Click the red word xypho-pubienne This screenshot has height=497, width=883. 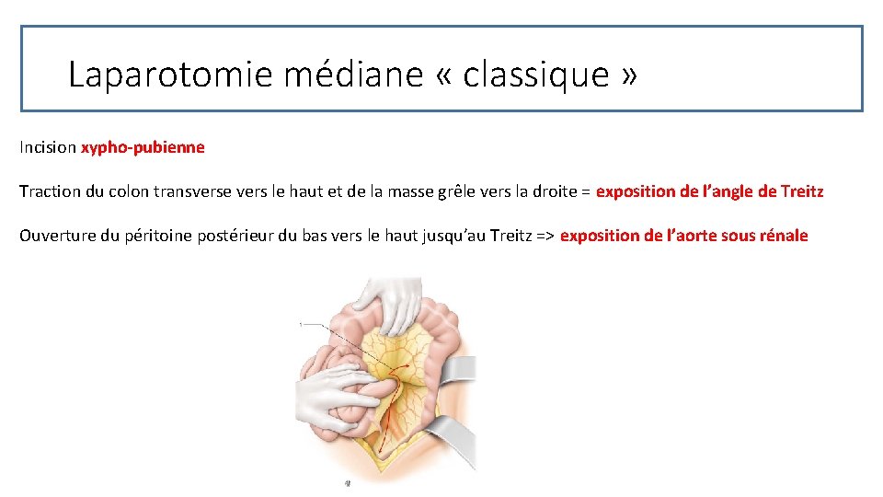click(x=143, y=147)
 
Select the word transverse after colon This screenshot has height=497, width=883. click(x=199, y=191)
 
